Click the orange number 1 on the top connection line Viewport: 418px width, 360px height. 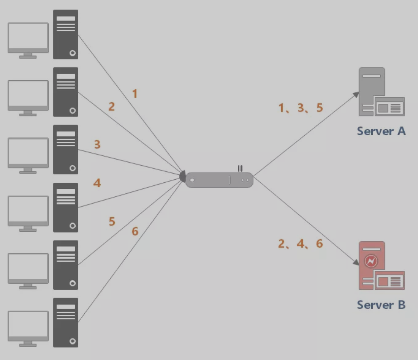pos(135,94)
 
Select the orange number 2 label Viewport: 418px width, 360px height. pos(112,106)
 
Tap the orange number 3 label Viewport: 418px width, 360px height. pos(97,144)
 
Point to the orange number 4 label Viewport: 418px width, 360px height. pos(97,183)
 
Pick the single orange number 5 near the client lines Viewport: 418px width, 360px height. pos(112,222)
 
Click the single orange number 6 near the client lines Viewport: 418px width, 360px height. pos(135,231)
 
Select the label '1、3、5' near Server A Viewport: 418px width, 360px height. pos(300,108)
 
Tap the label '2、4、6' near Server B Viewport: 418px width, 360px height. pos(300,243)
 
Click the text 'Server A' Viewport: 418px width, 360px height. pos(381,131)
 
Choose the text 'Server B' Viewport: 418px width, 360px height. pos(381,305)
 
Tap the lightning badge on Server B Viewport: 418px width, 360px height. pos(371,261)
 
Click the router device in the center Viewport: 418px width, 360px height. pos(219,180)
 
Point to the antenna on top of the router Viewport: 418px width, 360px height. pos(240,168)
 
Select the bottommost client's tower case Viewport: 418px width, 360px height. pos(66,322)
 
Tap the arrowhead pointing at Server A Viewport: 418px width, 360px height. pos(356,95)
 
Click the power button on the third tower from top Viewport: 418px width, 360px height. pos(72,168)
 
